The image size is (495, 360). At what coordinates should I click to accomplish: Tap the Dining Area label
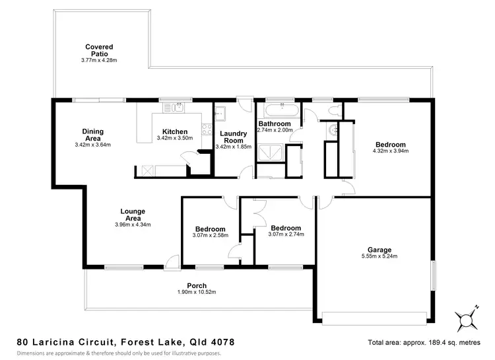coord(92,135)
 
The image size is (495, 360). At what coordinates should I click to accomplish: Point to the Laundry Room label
coord(234,137)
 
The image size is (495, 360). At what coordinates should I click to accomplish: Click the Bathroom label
coord(274,124)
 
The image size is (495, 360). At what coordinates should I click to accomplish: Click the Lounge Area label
coord(133,215)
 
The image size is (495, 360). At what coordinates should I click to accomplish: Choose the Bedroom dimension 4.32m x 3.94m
coord(391,151)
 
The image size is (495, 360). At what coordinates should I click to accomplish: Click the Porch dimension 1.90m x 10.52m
coord(197,292)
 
